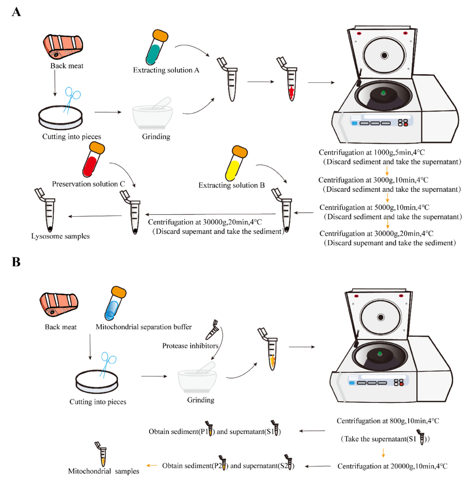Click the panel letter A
[x=16, y=12]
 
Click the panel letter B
[x=16, y=262]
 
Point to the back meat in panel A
[x=63, y=47]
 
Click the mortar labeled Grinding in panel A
[x=153, y=115]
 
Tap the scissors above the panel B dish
[x=107, y=363]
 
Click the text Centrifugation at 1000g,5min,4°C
[x=371, y=152]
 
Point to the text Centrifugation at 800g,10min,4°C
[x=388, y=421]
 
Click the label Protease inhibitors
[x=190, y=346]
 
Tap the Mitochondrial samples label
[x=103, y=471]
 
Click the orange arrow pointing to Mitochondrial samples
[x=151, y=465]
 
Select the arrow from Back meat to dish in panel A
[x=55, y=83]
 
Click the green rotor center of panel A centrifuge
[x=383, y=93]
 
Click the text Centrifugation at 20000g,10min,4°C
[x=392, y=466]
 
